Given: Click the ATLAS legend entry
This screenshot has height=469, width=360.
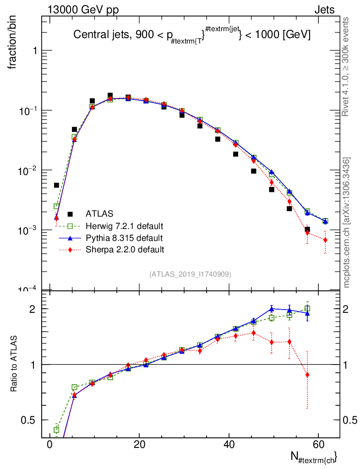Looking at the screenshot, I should (100, 213).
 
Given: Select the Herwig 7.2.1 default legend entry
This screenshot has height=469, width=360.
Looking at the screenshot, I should (125, 226).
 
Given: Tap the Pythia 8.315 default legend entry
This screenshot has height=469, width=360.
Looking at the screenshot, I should (124, 238).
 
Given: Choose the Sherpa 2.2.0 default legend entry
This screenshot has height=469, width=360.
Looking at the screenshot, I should (125, 250).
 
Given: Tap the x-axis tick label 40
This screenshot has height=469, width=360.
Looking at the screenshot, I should (229, 445).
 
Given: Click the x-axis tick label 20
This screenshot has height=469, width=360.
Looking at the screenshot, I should (139, 445).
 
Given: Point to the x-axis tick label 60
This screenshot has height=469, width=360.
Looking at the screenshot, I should (319, 445).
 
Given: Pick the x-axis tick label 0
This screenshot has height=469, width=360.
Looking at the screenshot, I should (49, 445).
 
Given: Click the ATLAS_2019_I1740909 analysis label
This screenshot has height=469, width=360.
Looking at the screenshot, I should (190, 274).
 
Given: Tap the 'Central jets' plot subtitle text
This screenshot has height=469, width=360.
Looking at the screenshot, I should (192, 36).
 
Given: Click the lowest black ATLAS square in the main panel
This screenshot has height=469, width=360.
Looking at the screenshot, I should (307, 229).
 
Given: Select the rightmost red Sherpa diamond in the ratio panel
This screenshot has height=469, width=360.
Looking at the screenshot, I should (307, 375).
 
